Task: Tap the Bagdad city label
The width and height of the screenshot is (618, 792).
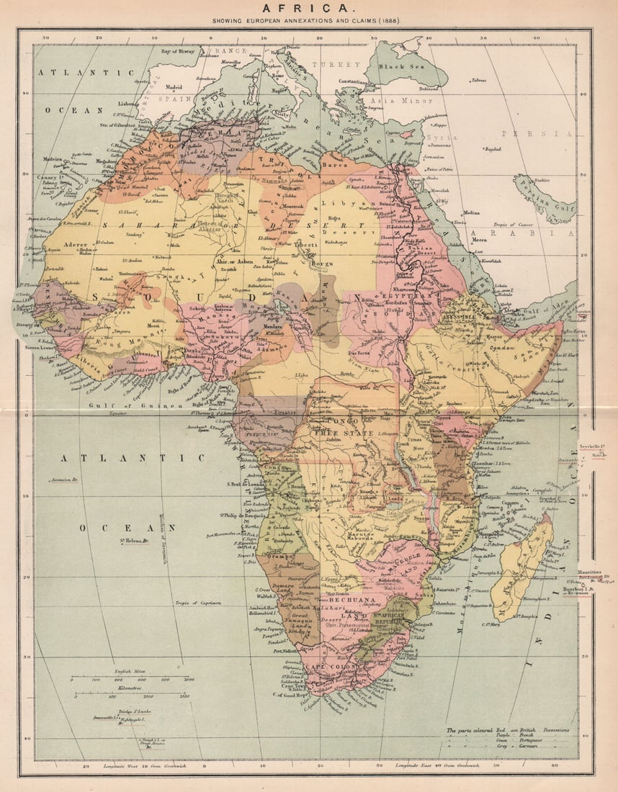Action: [493, 149]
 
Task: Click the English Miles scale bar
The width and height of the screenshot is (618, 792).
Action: [133, 679]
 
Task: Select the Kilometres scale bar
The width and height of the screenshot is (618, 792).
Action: [133, 695]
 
